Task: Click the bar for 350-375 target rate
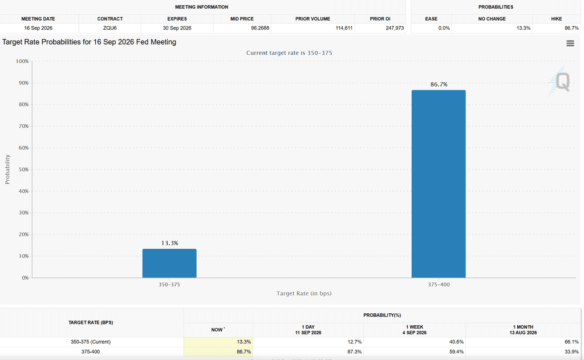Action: pos(169,263)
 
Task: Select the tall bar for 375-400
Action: pos(439,184)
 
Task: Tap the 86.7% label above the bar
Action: pos(439,84)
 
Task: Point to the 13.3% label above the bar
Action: pos(170,243)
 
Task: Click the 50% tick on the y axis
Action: pos(23,169)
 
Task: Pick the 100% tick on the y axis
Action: pos(22,61)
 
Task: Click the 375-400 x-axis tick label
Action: pos(439,284)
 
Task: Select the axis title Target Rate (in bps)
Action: pos(304,293)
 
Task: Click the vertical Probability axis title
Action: pos(7,169)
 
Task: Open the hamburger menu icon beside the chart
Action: pos(570,43)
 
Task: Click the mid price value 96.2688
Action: pos(260,28)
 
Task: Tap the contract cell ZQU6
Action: pos(110,28)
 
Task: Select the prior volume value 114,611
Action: pos(344,28)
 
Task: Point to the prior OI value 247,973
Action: pos(395,28)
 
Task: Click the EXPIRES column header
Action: pos(177,19)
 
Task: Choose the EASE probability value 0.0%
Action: pos(444,28)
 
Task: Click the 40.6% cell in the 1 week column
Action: pos(457,342)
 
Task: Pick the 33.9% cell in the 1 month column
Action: pos(571,351)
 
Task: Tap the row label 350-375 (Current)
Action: pos(91,342)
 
